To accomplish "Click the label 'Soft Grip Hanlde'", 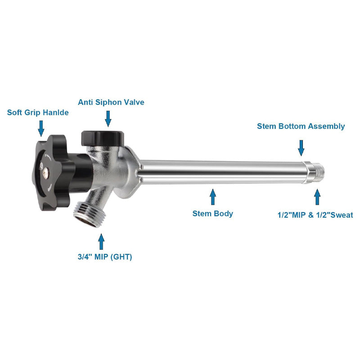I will (38, 112).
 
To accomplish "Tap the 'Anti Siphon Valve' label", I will (111, 103).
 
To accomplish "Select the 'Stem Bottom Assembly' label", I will (301, 126).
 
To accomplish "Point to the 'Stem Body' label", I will (213, 213).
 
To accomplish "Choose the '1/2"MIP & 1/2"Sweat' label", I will (315, 215).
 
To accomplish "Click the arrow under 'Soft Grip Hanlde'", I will (41, 128).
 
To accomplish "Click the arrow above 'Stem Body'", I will (213, 197).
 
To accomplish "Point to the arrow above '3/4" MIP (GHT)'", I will (102, 241).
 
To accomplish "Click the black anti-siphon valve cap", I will (102, 135).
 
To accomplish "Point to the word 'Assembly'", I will (326, 126).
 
